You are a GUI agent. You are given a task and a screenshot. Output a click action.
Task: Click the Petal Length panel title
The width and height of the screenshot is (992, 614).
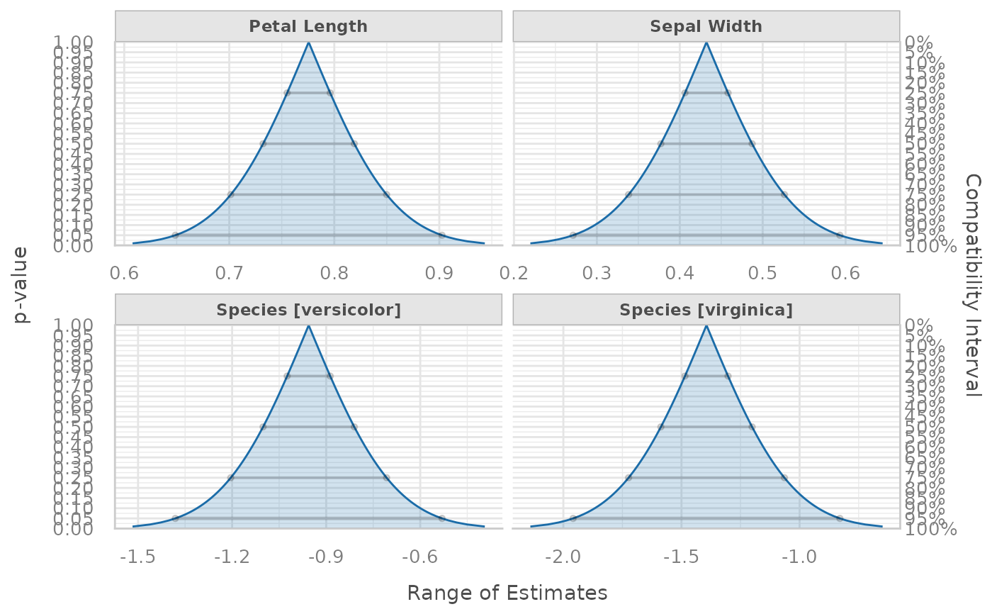coord(308,27)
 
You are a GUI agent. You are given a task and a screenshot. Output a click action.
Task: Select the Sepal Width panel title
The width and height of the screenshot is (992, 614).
coord(706,27)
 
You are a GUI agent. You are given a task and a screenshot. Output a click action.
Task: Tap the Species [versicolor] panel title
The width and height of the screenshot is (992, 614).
coord(308,310)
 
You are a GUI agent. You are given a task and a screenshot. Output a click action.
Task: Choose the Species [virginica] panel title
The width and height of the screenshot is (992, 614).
coord(706,310)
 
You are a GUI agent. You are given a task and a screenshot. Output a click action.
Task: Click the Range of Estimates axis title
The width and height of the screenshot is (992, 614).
coord(507,593)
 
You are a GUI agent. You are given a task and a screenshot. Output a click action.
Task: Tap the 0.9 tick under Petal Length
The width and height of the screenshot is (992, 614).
coord(439,273)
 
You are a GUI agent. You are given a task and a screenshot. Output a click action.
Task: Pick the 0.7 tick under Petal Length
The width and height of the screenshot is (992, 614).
coord(230,273)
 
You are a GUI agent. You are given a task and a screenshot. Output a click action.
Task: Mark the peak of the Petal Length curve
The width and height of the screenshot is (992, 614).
coord(308,43)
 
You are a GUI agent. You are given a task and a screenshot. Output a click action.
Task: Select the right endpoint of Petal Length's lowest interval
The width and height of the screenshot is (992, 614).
coord(441,235)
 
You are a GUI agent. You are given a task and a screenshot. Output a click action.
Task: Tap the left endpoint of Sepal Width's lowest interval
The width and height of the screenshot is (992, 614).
coord(573,235)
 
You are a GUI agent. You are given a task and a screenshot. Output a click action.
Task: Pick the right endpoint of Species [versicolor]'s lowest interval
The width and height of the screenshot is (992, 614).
coord(441,518)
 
